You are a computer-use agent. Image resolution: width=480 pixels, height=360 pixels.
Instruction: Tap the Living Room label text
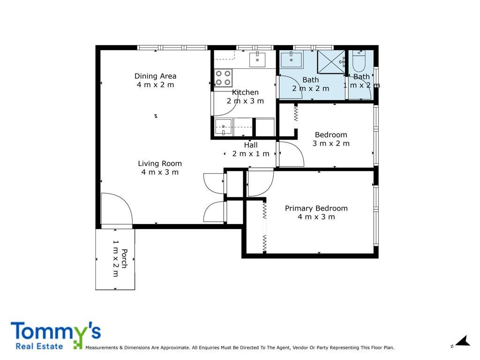click(x=160, y=164)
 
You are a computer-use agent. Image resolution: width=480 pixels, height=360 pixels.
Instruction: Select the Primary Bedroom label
click(x=316, y=208)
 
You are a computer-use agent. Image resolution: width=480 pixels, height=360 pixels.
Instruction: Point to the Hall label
click(x=251, y=145)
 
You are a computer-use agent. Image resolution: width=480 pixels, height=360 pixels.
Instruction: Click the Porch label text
click(x=124, y=259)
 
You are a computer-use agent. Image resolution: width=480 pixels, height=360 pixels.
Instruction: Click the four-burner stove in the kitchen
click(x=223, y=78)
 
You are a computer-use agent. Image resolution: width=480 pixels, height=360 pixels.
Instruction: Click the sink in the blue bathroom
click(x=291, y=60)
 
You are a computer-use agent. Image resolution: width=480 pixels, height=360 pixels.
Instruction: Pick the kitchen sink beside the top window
click(x=257, y=60)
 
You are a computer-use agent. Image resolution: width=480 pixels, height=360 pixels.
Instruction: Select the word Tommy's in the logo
click(x=56, y=331)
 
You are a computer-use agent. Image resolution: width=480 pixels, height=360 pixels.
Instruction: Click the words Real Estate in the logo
click(x=39, y=346)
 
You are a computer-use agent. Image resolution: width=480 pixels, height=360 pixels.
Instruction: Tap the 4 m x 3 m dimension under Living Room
click(x=160, y=172)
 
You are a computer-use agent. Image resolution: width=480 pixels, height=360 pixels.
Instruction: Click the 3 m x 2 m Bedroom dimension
click(x=331, y=143)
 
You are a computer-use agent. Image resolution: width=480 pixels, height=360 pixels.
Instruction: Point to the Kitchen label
click(x=245, y=92)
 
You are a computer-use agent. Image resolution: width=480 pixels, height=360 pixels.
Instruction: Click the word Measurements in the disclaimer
click(x=102, y=347)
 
